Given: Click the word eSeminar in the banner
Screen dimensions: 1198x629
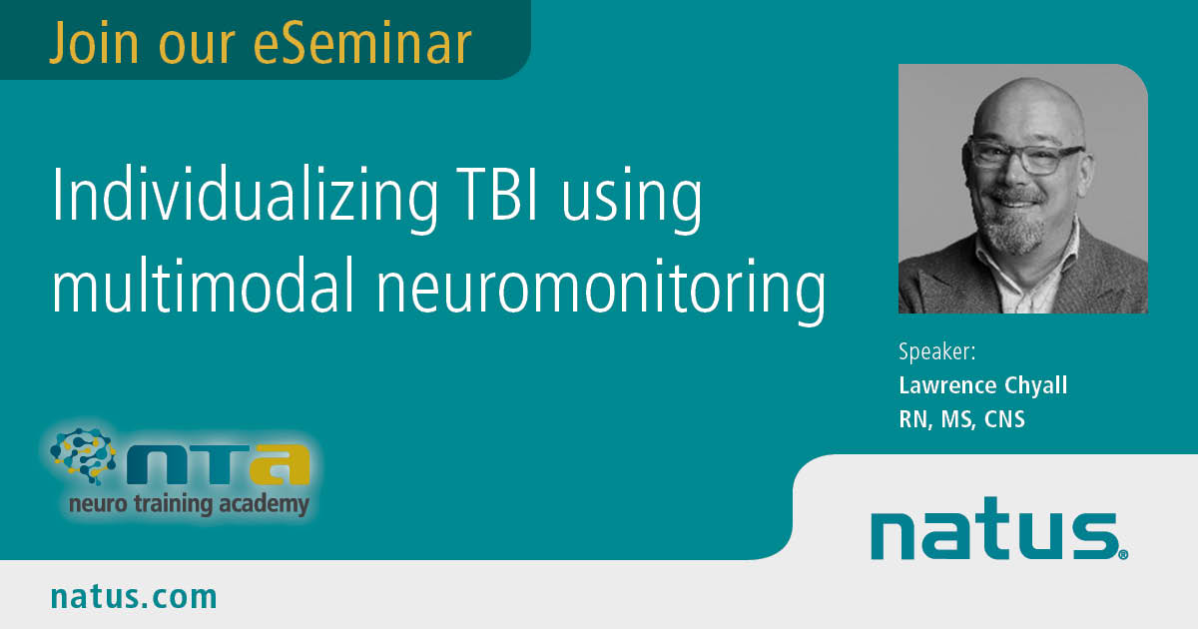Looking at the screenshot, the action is click(362, 43).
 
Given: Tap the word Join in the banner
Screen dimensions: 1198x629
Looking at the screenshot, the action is click(94, 43).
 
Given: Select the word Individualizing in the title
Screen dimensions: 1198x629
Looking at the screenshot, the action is click(245, 197).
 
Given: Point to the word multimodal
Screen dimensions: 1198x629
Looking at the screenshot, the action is click(204, 286).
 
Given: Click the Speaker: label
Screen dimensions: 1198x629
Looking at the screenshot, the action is click(937, 351).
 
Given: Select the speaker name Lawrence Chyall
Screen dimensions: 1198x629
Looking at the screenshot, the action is click(983, 385).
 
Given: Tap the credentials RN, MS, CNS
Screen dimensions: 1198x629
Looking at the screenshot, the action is click(961, 419).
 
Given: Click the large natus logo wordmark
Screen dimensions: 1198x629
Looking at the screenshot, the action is click(997, 529).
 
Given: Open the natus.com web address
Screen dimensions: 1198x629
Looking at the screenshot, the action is click(134, 596).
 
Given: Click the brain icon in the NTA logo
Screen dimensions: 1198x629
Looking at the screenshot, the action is click(83, 455).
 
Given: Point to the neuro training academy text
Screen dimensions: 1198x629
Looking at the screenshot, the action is click(190, 504).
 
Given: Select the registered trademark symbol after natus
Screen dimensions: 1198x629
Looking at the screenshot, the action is click(1123, 555).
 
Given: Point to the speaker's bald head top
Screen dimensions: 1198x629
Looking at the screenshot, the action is click(1027, 96).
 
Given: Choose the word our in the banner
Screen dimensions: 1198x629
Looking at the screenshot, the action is click(197, 48).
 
